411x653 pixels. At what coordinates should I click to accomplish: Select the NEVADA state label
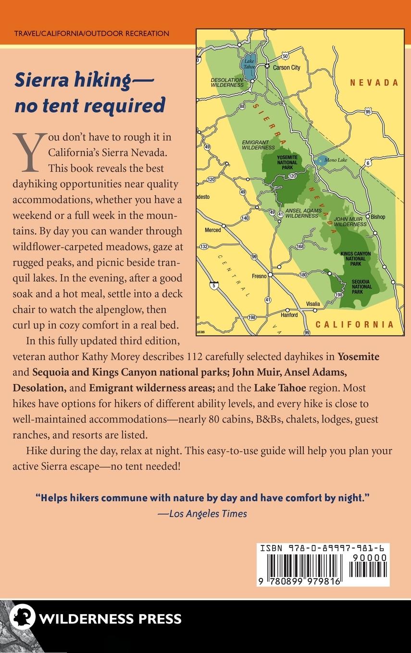(x=374, y=83)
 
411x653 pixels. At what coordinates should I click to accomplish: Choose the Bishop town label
(x=378, y=217)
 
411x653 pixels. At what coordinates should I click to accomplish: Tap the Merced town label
(x=213, y=230)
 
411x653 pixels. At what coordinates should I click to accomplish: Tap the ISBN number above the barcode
(x=324, y=547)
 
